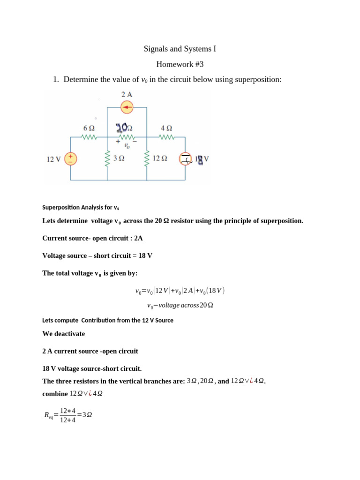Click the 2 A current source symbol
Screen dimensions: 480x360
[x=127, y=108]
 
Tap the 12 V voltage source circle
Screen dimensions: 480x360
[x=71, y=159]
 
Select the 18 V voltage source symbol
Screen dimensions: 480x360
[x=185, y=159]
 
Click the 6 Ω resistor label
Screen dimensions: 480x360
[x=89, y=127]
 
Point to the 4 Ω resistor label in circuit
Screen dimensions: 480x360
[x=166, y=127]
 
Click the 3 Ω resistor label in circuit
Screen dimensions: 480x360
[x=119, y=159]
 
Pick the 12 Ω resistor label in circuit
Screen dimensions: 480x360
[x=160, y=159]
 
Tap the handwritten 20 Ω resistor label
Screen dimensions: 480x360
[x=124, y=127]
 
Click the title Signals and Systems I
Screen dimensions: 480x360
[x=180, y=49]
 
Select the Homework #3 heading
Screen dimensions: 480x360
[x=180, y=64]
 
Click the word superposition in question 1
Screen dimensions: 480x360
[x=256, y=80]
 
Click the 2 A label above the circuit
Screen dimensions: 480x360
[x=127, y=95]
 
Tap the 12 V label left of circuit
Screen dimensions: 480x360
[x=53, y=159]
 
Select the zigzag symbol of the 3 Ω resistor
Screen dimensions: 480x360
[x=108, y=159]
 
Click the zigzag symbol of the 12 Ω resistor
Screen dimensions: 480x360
[x=147, y=159]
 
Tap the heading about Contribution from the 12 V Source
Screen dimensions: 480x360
[x=108, y=321]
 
